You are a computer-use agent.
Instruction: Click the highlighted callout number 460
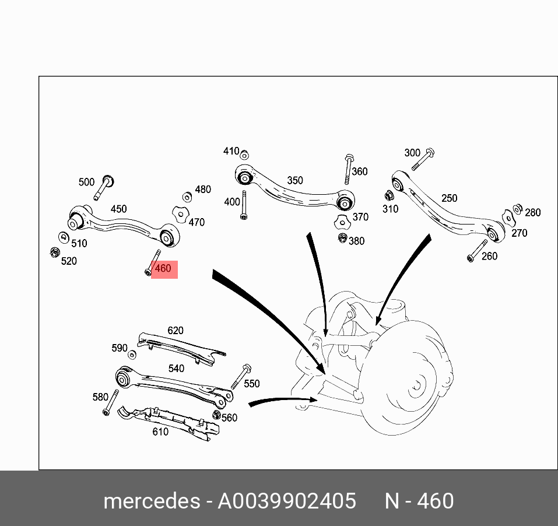coord(163,269)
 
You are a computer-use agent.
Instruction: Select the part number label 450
coord(118,209)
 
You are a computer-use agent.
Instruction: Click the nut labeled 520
coord(54,253)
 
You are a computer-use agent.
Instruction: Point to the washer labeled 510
coord(63,237)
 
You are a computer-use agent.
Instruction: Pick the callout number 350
coord(295,180)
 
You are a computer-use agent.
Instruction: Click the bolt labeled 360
coord(348,169)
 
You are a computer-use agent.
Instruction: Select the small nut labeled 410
coord(245,155)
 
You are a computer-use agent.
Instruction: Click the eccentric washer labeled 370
coord(342,222)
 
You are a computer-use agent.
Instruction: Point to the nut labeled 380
coord(343,238)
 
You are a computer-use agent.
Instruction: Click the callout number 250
coord(449,198)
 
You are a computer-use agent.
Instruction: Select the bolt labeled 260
coord(476,251)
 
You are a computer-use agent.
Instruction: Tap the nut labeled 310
coord(389,196)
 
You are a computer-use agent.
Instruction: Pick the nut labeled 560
coord(216,415)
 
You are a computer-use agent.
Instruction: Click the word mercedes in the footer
coord(151,501)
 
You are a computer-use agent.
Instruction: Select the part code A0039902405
coord(287,501)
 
